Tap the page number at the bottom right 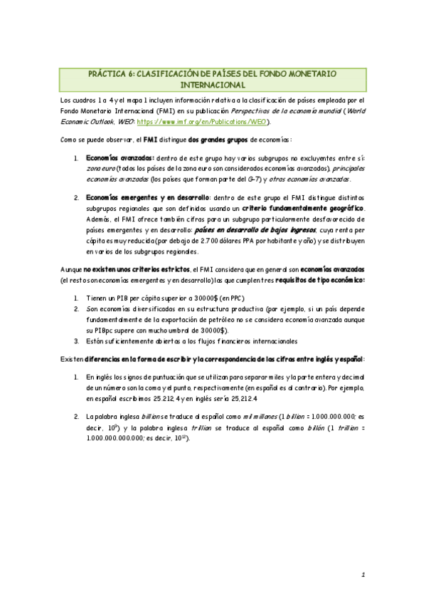(363, 574)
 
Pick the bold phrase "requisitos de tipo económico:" (323, 281)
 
